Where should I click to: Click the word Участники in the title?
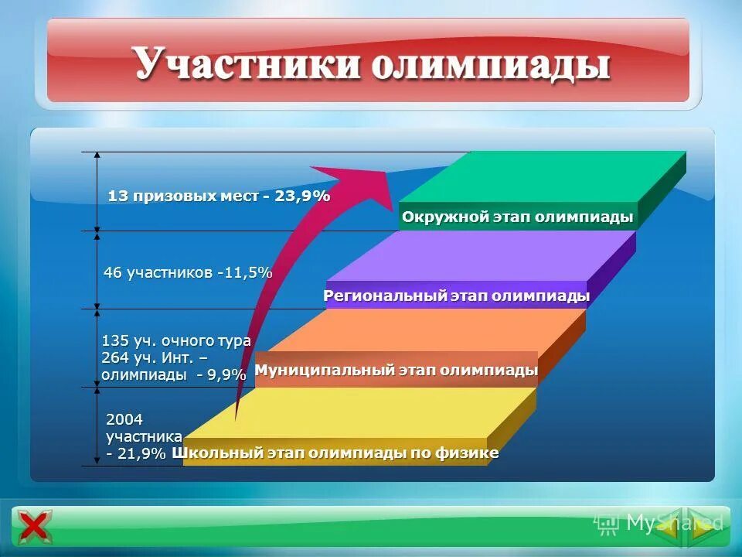248,64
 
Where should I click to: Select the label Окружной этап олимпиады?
517,217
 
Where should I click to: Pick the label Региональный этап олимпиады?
456,296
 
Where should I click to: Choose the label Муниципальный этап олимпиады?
396,371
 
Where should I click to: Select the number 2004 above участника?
124,419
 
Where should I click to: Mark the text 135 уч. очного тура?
176,340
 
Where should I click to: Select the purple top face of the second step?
495,255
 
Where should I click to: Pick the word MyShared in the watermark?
674,523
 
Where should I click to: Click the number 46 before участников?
113,272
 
